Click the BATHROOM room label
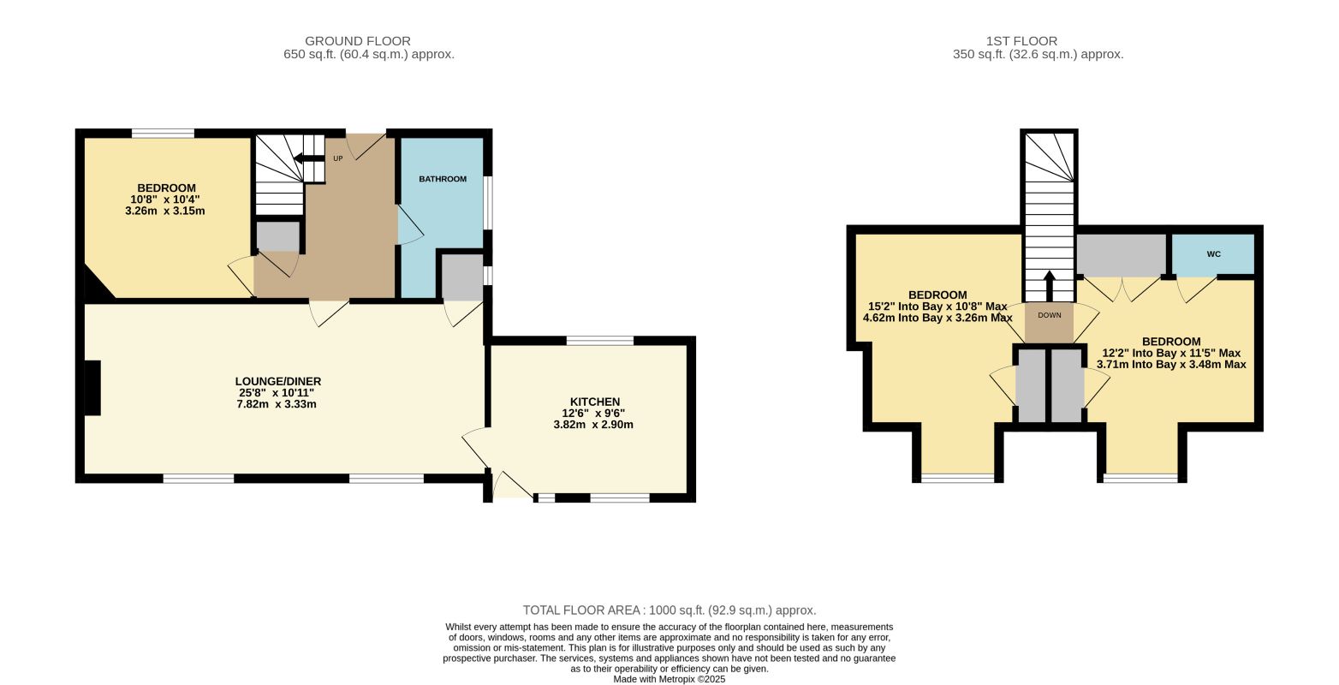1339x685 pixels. pos(443,179)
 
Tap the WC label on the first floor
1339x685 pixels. pos(1213,254)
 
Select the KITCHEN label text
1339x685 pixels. pos(595,402)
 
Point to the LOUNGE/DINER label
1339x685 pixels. pos(278,381)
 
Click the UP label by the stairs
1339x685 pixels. pos(337,158)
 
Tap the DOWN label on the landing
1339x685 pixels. pos(1050,315)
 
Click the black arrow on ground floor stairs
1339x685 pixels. pos(306,158)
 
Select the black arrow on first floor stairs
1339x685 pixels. pos(1049,286)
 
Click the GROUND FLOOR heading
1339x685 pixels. pos(358,41)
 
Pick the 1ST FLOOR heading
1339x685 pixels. pos(1021,41)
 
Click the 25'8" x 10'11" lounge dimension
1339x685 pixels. pos(277,393)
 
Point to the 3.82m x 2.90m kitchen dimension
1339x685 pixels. pos(593,425)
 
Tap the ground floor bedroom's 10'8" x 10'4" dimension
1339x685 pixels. pos(165,199)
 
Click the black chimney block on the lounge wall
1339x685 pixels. pos(92,387)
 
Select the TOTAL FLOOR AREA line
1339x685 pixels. pos(669,611)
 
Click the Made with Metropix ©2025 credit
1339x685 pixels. pos(669,680)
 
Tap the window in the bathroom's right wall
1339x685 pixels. pos(488,203)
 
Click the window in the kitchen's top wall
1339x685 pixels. pos(600,341)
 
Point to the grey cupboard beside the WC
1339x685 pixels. pos(1122,255)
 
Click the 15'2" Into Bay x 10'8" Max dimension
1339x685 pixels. pos(937,307)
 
